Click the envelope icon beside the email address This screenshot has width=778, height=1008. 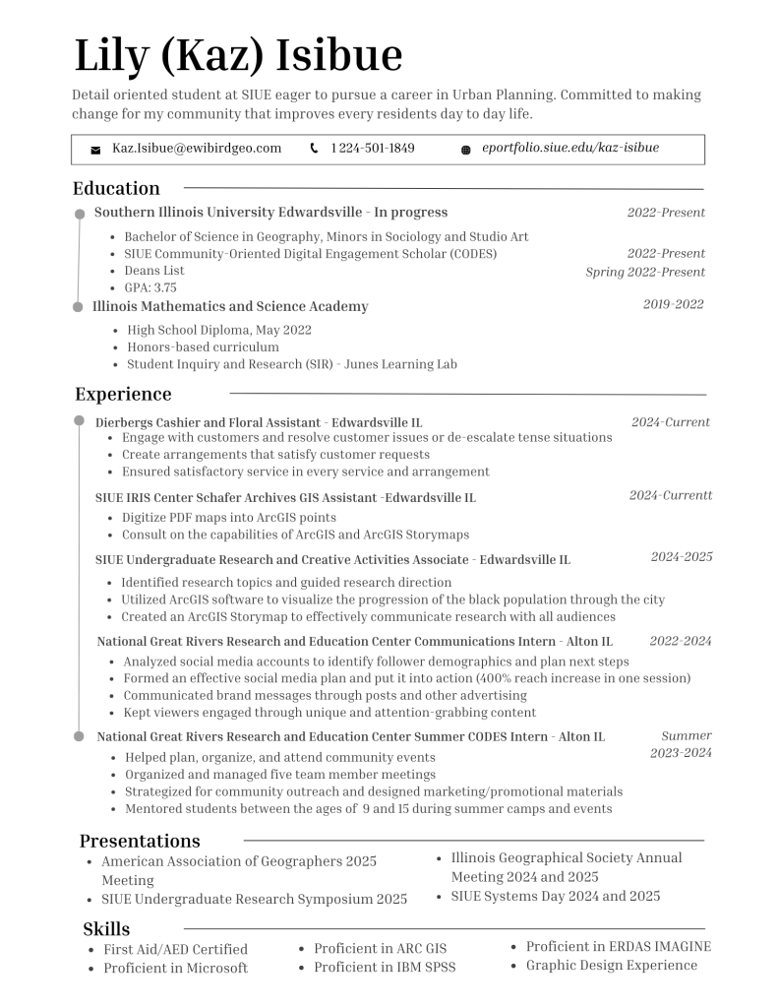pos(95,150)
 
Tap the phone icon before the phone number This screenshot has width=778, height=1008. pos(314,149)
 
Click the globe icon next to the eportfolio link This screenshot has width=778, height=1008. pos(465,150)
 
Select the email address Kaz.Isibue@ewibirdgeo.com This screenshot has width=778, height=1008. pos(197,149)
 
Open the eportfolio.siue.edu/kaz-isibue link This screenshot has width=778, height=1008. pos(570,148)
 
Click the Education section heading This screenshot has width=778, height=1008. pos(116,188)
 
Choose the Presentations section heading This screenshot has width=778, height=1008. pos(140,841)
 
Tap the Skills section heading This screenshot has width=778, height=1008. pos(106,928)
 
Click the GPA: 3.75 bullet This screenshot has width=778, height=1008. pos(150,287)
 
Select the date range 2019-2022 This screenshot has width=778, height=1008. pos(674,304)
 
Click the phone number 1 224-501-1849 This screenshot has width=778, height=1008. pos(373,149)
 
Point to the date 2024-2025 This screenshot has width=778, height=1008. pos(682,557)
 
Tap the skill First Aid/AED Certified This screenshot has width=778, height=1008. pos(175,949)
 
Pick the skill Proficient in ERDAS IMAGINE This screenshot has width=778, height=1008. pos(618,947)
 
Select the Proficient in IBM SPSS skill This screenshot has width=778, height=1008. pos(385,967)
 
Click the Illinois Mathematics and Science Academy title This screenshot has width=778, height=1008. pos(231,306)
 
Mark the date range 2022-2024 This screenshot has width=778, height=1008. pos(681,641)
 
